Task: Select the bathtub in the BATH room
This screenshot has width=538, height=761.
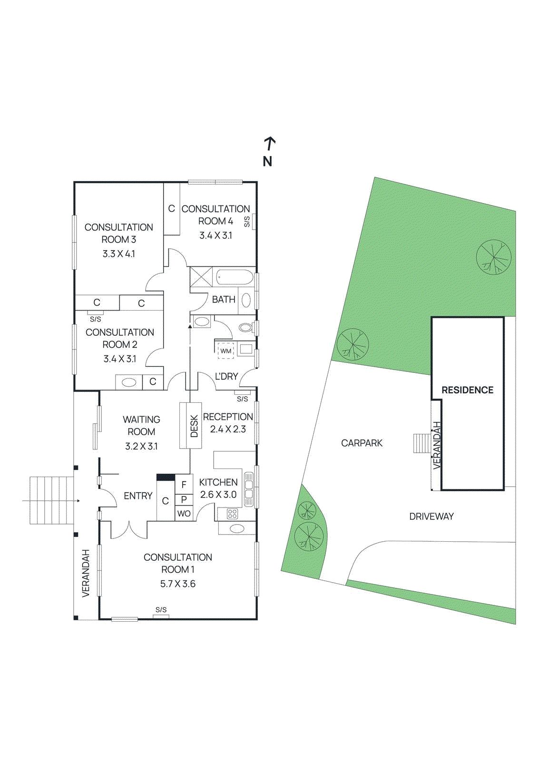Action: (235, 277)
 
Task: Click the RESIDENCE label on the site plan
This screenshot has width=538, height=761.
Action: (467, 390)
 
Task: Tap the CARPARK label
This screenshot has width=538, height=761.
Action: (362, 443)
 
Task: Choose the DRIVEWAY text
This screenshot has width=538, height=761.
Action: (431, 517)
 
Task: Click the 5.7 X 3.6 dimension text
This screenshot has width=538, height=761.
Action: (178, 584)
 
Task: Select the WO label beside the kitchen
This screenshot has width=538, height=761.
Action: (184, 513)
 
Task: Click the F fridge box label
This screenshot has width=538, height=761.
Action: (184, 484)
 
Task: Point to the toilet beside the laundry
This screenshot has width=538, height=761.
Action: (246, 328)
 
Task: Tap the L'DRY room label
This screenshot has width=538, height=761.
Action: (226, 376)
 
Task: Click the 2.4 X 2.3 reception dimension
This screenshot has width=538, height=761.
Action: (228, 429)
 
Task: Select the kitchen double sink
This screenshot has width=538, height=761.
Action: (249, 489)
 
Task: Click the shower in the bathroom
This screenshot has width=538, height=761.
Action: (201, 277)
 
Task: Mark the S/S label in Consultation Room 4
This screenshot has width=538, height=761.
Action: (247, 222)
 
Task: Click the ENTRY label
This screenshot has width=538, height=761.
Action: (138, 496)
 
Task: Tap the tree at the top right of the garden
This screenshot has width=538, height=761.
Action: (493, 257)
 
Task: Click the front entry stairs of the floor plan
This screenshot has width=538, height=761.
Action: (52, 500)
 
